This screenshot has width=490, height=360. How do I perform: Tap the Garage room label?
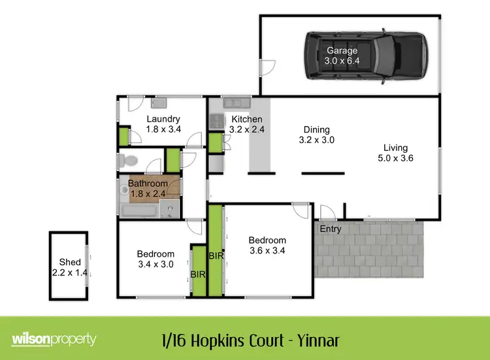(342, 50)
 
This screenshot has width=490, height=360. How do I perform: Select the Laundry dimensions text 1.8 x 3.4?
(163, 129)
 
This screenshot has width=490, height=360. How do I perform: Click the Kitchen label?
(246, 120)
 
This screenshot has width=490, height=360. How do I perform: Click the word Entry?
(331, 229)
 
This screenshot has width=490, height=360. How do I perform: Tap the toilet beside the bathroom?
(125, 161)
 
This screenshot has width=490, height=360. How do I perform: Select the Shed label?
(70, 263)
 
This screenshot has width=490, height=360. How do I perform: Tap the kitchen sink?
(233, 103)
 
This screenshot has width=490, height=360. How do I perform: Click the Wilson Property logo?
(54, 340)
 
